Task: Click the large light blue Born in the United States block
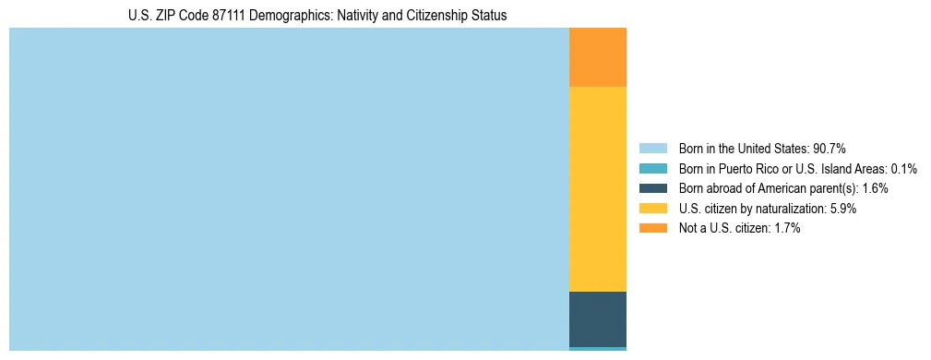[289, 189]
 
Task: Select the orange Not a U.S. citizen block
[597, 57]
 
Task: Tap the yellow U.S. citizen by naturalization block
[597, 189]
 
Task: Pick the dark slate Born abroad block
[597, 318]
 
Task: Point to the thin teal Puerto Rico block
[597, 349]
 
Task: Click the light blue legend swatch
[652, 149]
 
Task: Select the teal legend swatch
[652, 169]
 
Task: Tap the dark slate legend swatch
[652, 188]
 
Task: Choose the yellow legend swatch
[652, 209]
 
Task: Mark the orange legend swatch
[652, 228]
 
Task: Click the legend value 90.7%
[829, 149]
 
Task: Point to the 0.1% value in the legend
[903, 169]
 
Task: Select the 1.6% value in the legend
[875, 188]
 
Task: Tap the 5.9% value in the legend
[843, 209]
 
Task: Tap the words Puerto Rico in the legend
[743, 169]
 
